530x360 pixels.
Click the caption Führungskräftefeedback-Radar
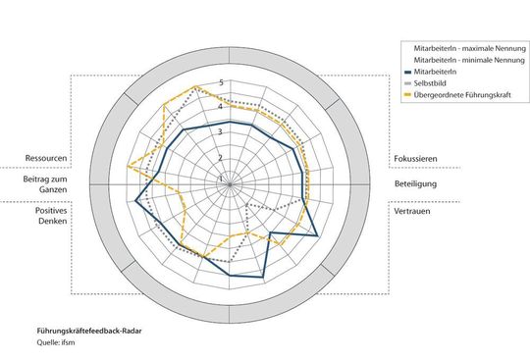89,333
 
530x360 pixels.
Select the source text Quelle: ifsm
58,345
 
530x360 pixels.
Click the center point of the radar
232,182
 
